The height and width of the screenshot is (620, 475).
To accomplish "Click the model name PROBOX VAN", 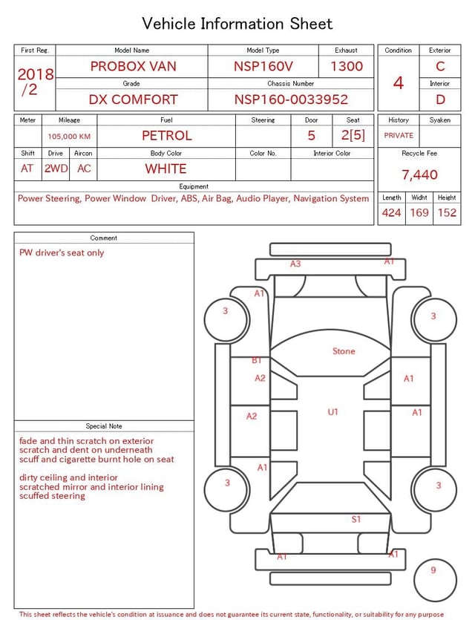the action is pyautogui.click(x=133, y=66).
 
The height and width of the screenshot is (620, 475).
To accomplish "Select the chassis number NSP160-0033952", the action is pyautogui.click(x=291, y=99).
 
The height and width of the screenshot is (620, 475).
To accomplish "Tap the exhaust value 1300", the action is pyautogui.click(x=346, y=66).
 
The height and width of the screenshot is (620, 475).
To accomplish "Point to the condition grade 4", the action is pyautogui.click(x=399, y=83).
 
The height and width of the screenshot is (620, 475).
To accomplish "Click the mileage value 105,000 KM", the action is pyautogui.click(x=69, y=137).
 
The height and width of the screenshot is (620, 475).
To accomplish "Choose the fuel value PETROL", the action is pyautogui.click(x=167, y=136).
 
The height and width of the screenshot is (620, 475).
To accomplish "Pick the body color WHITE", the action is pyautogui.click(x=166, y=169).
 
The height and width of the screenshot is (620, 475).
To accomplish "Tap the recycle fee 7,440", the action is pyautogui.click(x=419, y=174).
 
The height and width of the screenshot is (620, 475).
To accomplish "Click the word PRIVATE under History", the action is pyautogui.click(x=399, y=135).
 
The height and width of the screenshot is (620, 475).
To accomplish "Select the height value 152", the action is pyautogui.click(x=447, y=212).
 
